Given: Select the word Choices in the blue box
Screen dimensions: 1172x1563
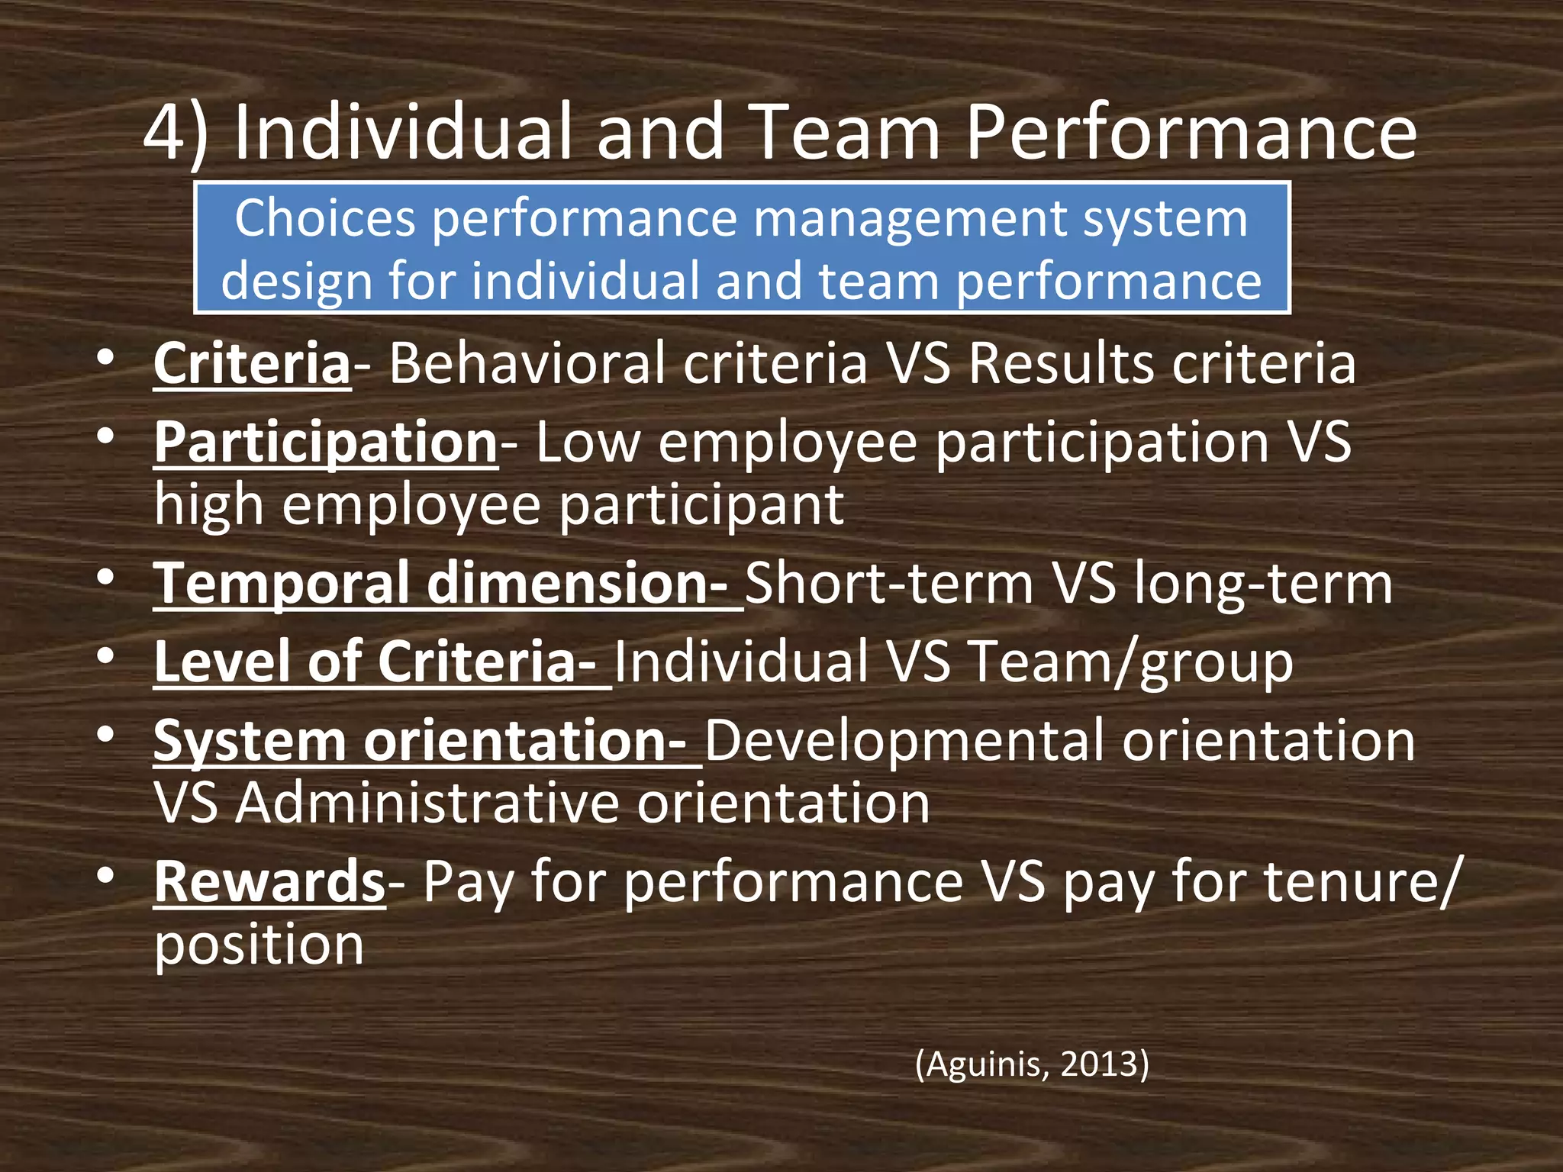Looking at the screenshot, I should click(x=325, y=218).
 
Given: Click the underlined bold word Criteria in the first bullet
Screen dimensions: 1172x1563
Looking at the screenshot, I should click(x=252, y=363).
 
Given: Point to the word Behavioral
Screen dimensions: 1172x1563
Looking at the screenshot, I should click(x=527, y=363).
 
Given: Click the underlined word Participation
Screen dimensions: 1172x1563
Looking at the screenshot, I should click(x=326, y=443).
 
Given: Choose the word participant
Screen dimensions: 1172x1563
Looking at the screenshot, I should click(x=702, y=506).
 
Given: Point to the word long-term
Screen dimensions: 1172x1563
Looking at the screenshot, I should click(x=1263, y=584).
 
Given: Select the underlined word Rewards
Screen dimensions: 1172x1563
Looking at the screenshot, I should click(x=269, y=882).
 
